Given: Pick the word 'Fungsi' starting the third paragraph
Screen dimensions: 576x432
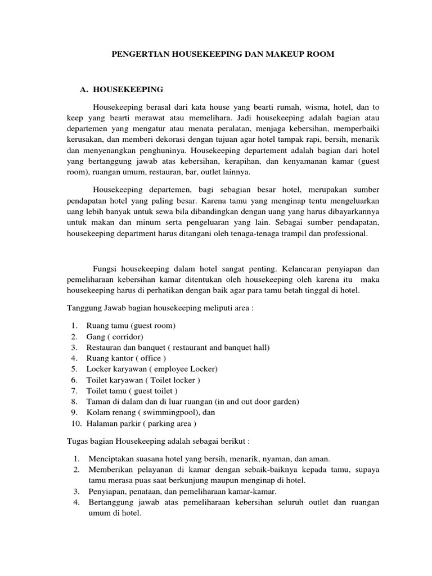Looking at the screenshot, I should (x=106, y=268).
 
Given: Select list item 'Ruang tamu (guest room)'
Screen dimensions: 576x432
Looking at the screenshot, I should (x=130, y=326).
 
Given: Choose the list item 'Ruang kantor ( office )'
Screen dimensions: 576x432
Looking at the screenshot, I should (x=126, y=358).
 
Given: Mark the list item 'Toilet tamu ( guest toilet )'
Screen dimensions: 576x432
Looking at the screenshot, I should (x=132, y=390).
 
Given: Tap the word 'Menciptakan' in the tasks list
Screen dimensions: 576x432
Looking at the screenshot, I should (x=109, y=459).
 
